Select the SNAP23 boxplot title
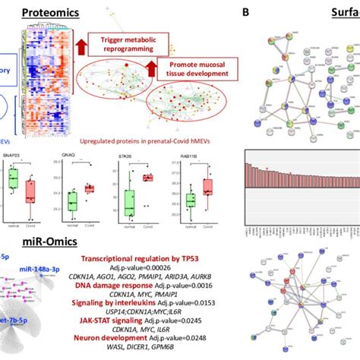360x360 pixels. click(x=14, y=153)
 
